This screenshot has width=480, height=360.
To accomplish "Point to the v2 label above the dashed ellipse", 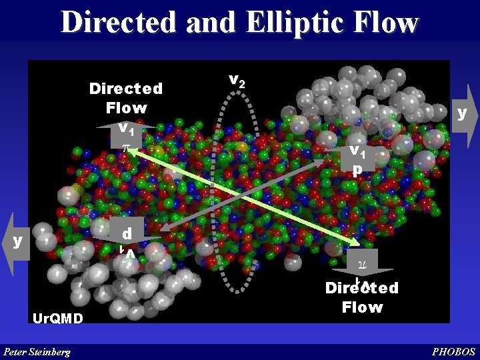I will pyautogui.click(x=236, y=80).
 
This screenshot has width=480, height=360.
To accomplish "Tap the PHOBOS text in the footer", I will pyautogui.click(x=454, y=351).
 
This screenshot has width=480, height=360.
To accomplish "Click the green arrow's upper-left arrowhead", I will pyautogui.click(x=126, y=151).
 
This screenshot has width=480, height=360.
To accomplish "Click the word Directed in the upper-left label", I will pyautogui.click(x=126, y=89).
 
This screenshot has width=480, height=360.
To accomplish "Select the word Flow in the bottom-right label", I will pyautogui.click(x=362, y=307).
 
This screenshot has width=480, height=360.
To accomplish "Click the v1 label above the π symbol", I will pyautogui.click(x=125, y=126).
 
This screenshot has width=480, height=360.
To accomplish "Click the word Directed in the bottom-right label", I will pyautogui.click(x=362, y=289).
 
